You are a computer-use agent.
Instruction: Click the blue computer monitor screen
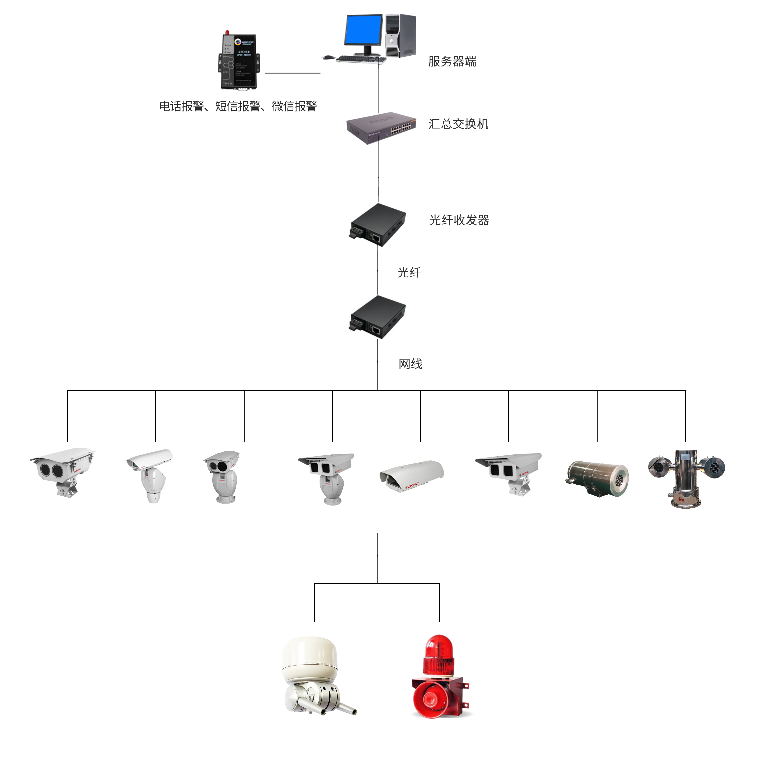point(363,30)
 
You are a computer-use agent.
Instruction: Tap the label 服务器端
point(452,61)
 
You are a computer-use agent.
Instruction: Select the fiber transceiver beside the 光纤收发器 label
point(378,224)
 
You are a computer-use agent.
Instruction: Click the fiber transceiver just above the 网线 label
point(378,317)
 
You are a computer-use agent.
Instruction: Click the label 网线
point(410,364)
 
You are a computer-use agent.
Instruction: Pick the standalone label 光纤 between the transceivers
point(409,273)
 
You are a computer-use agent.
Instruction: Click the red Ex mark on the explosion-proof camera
point(681,499)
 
